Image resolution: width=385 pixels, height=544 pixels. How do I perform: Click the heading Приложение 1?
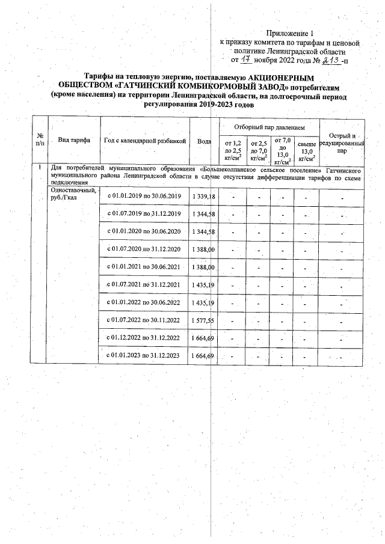[x=291, y=33]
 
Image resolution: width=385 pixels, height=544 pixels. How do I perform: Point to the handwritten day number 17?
[x=245, y=61]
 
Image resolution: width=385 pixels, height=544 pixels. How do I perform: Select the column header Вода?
[x=204, y=141]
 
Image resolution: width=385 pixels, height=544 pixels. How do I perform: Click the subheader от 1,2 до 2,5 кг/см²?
[x=232, y=150]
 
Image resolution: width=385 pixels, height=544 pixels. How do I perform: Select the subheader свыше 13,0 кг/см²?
[x=306, y=150]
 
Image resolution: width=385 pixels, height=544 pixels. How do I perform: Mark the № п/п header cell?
[x=40, y=140]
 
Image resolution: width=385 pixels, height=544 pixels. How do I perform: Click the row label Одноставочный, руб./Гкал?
[x=72, y=195]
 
